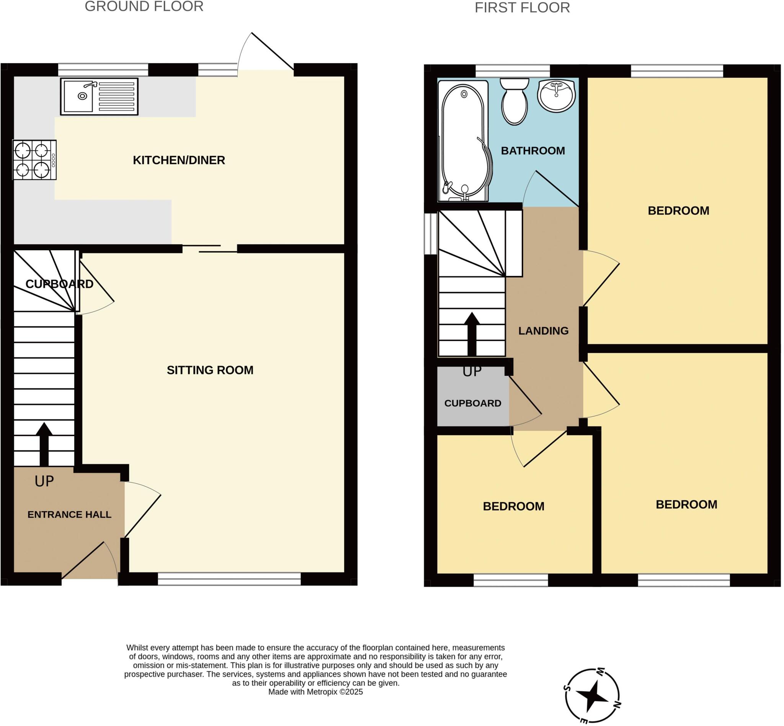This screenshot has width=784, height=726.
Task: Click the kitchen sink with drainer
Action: [x=99, y=96]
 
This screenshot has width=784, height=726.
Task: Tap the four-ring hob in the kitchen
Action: [x=34, y=160]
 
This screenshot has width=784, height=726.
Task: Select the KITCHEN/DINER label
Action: [x=179, y=160]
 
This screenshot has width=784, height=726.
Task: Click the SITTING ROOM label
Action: [x=210, y=370]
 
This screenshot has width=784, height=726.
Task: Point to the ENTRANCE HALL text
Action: [x=69, y=515]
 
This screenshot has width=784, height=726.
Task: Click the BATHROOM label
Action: [x=532, y=151]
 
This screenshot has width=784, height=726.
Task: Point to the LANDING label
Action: [x=543, y=331]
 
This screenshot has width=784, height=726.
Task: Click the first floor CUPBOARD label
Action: [x=472, y=403]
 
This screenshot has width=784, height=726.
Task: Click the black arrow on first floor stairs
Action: [x=472, y=334]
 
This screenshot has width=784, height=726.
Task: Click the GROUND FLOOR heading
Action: [x=144, y=7]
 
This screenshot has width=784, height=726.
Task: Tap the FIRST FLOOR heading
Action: [x=522, y=8]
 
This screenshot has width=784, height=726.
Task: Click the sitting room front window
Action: [x=229, y=579]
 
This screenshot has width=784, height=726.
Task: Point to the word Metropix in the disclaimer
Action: [x=322, y=692]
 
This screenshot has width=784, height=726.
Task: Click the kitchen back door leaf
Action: [x=272, y=51]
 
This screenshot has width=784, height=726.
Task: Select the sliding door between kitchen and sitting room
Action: [x=210, y=249]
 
